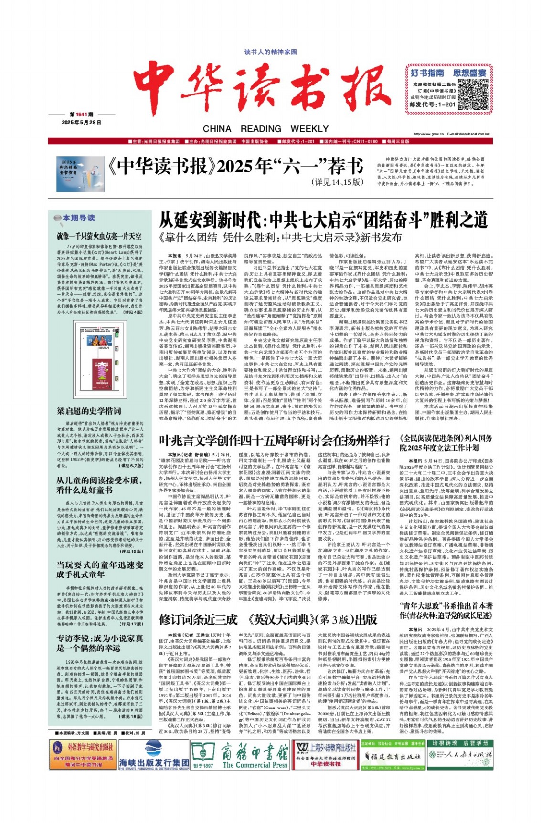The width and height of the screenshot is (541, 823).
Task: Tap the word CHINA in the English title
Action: point(217,129)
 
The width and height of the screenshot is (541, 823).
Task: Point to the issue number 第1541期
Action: point(81,115)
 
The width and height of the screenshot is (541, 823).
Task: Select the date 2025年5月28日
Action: point(81,122)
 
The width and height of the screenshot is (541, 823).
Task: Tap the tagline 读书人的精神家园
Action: point(270,52)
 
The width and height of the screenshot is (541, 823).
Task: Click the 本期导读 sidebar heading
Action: point(79,218)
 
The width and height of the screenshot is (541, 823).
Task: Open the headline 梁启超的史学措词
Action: point(89,411)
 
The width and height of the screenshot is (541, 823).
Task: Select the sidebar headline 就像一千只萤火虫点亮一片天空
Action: point(99,236)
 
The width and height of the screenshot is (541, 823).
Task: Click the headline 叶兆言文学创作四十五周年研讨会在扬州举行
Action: point(274,440)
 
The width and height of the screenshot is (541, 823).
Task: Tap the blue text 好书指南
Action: point(427,73)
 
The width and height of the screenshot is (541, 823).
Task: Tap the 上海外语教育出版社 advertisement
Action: point(325,753)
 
